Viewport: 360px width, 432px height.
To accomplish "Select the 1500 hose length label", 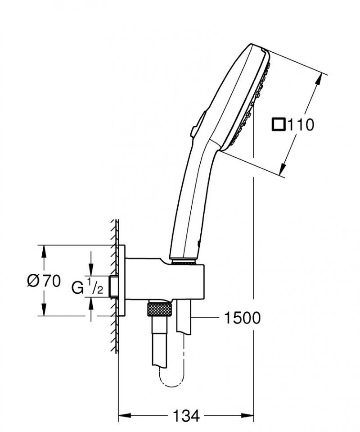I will click(242, 318).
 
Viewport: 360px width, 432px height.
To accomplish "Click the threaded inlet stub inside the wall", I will click(115, 286).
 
